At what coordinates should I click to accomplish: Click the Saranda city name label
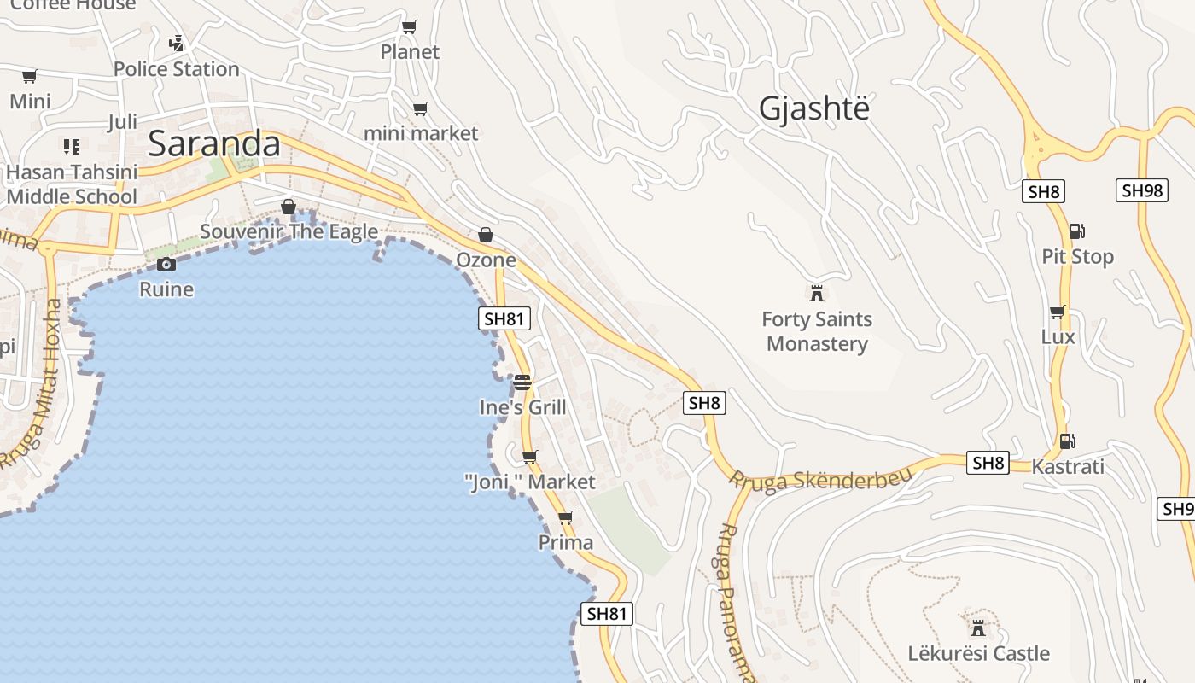pyautogui.click(x=214, y=144)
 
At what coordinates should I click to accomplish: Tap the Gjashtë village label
pyautogui.click(x=814, y=109)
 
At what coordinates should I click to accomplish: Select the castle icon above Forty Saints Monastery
pyautogui.click(x=817, y=294)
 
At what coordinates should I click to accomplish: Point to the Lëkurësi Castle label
pyautogui.click(x=978, y=654)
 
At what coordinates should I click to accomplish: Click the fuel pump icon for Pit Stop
pyautogui.click(x=1076, y=231)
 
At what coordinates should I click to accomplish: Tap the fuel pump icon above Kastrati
pyautogui.click(x=1067, y=441)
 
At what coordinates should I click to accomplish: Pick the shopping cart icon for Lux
pyautogui.click(x=1058, y=312)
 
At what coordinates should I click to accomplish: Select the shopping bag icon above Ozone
pyautogui.click(x=486, y=235)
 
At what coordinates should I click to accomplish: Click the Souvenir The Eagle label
pyautogui.click(x=289, y=232)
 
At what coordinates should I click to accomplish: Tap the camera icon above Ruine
pyautogui.click(x=166, y=265)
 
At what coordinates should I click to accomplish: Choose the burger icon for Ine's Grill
pyautogui.click(x=522, y=382)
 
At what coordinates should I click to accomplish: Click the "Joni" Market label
pyautogui.click(x=530, y=482)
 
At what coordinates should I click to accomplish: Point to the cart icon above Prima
pyautogui.click(x=565, y=518)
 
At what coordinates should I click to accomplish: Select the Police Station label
pyautogui.click(x=176, y=69)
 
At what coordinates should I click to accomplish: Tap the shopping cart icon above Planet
pyautogui.click(x=410, y=27)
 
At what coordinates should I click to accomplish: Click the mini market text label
pyautogui.click(x=421, y=133)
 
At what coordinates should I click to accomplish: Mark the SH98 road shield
pyautogui.click(x=1141, y=190)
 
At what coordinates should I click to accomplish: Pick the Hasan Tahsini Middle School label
pyautogui.click(x=72, y=184)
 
